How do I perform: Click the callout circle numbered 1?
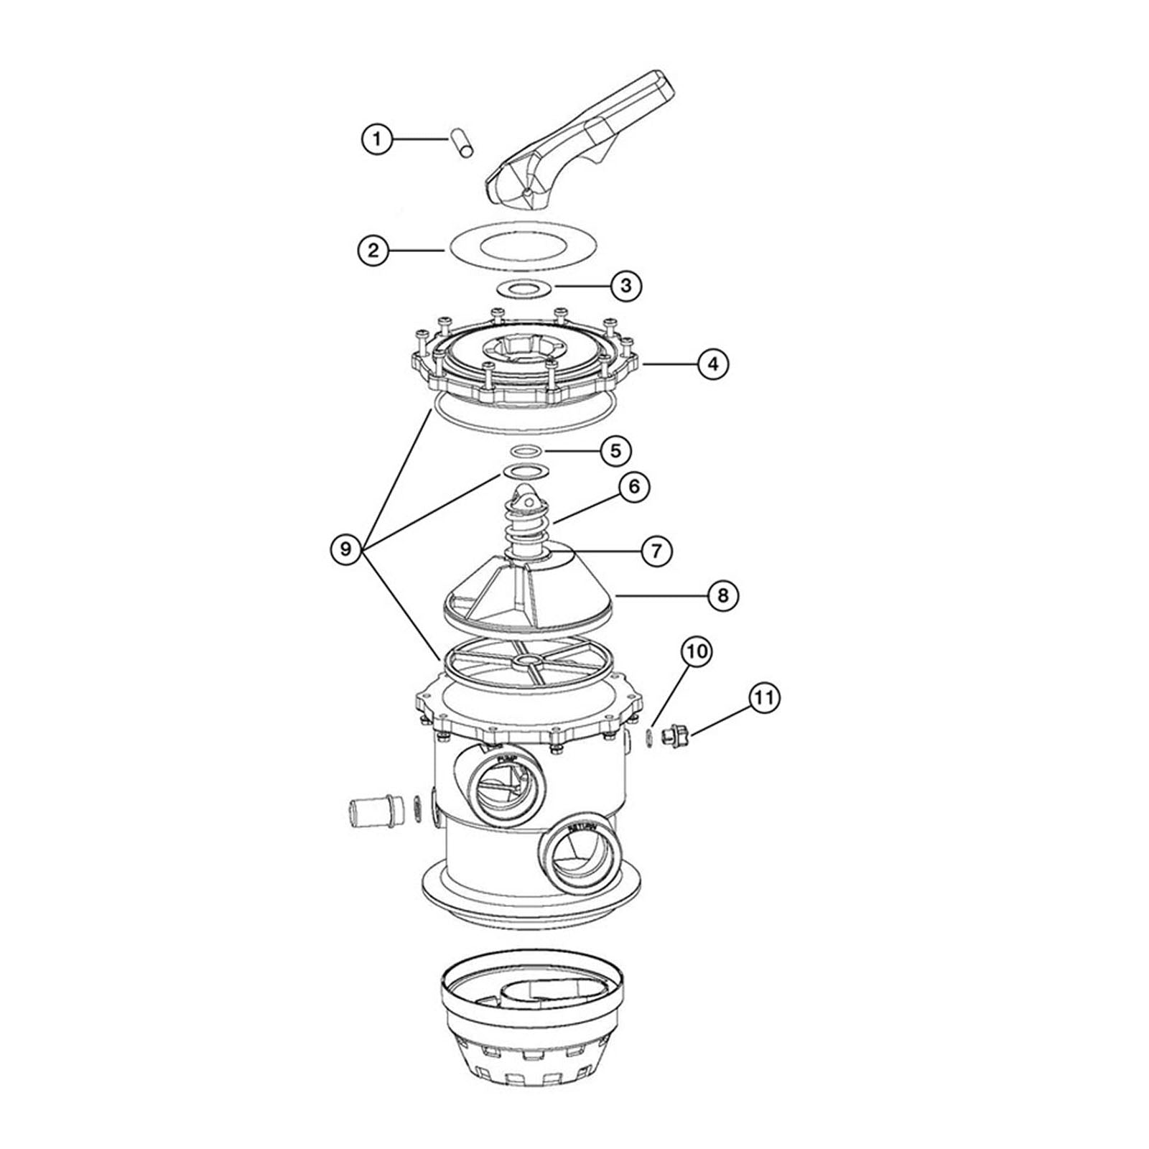pyautogui.click(x=377, y=139)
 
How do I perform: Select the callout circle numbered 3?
pyautogui.click(x=626, y=285)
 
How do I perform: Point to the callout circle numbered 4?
pyautogui.click(x=713, y=364)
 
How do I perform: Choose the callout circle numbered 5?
pyautogui.click(x=615, y=451)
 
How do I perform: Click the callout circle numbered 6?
pyautogui.click(x=634, y=487)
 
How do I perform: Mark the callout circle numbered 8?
pyautogui.click(x=722, y=595)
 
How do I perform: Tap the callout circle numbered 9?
pyautogui.click(x=346, y=549)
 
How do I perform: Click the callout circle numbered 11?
pyautogui.click(x=763, y=697)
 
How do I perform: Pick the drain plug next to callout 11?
pyautogui.click(x=676, y=736)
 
